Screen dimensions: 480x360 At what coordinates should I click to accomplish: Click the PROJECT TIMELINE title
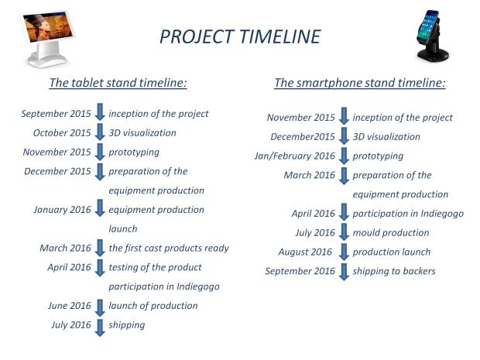tap(240, 36)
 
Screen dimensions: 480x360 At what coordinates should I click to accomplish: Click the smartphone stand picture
tap(432, 36)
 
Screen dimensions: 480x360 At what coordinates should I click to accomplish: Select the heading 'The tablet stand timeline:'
tap(118, 83)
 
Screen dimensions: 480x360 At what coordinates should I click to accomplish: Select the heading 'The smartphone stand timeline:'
tap(360, 83)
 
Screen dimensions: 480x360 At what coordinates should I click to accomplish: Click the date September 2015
tap(56, 114)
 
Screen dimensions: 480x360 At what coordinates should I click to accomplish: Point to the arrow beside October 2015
tap(100, 132)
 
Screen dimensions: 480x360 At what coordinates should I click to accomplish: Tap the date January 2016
tap(62, 210)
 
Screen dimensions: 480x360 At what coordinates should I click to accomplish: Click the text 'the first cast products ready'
tap(169, 248)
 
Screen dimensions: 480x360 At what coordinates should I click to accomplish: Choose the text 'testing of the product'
tap(155, 267)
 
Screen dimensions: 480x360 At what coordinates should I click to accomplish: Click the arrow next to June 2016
tap(100, 307)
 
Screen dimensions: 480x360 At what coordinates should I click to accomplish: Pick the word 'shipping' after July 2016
tap(127, 325)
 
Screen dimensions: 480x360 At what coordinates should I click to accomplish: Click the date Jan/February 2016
tap(294, 156)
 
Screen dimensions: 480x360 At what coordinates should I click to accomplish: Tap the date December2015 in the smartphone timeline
tap(303, 136)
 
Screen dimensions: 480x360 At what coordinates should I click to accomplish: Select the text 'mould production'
tap(391, 233)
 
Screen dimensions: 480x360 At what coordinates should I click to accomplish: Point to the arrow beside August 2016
tap(344, 252)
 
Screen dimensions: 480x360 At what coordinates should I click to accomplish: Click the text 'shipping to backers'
tap(394, 271)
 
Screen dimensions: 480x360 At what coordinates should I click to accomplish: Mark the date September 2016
tap(300, 271)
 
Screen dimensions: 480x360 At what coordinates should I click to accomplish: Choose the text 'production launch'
tap(392, 252)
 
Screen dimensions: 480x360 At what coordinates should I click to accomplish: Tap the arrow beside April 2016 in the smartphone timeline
tap(344, 212)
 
